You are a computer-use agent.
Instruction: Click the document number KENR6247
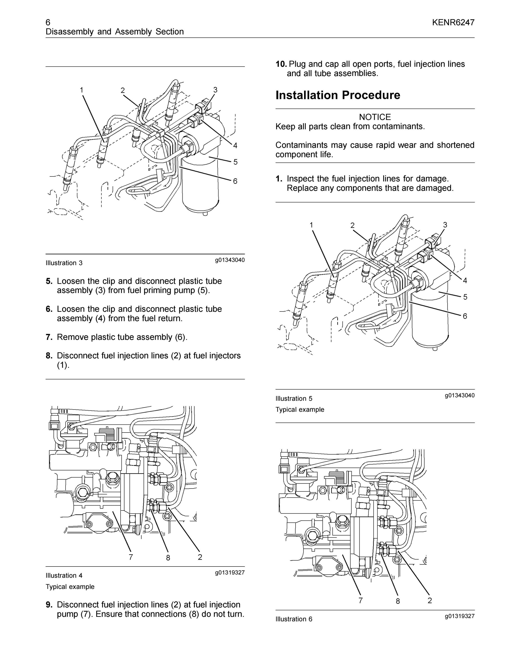[x=453, y=22]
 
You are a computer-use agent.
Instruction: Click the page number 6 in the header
[x=48, y=22]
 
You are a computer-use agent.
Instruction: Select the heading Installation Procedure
[x=338, y=95]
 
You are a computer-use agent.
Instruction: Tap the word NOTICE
[x=375, y=117]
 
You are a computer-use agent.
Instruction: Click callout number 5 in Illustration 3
[x=236, y=162]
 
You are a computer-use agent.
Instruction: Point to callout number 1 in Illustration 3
[x=81, y=90]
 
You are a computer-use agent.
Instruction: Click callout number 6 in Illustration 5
[x=465, y=316]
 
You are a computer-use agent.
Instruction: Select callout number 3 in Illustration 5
[x=445, y=225]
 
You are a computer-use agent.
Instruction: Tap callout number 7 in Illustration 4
[x=131, y=557]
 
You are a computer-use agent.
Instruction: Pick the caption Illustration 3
[x=64, y=263]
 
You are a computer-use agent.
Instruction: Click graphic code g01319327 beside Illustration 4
[x=230, y=572]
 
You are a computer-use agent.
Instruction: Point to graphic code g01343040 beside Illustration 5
[x=460, y=395]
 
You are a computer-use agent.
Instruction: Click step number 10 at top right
[x=281, y=64]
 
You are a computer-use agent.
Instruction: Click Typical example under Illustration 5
[x=300, y=409]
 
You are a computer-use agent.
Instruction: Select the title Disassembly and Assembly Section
[x=115, y=32]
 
